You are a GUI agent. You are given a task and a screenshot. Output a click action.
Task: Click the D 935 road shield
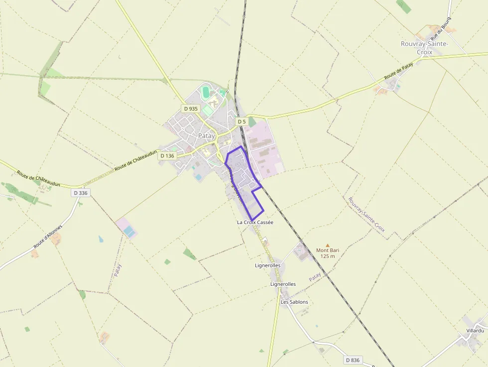[x=191, y=109]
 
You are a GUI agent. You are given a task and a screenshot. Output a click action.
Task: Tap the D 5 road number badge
[x=242, y=122]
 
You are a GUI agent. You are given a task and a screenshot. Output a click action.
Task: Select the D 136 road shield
[x=168, y=156]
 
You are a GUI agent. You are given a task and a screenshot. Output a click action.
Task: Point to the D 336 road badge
[x=80, y=193]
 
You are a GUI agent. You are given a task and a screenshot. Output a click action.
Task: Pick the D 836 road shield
[x=352, y=360]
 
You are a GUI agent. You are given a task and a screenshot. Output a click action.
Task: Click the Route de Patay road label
[x=399, y=72]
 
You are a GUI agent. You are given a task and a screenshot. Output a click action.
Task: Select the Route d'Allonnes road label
[x=48, y=237]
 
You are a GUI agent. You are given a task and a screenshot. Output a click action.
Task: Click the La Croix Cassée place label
[x=255, y=222]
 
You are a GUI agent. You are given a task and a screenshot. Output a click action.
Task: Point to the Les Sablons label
[x=294, y=302]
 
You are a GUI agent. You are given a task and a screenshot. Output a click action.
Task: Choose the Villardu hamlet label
[x=475, y=331]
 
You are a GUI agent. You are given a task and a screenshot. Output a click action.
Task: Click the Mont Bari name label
[x=327, y=250]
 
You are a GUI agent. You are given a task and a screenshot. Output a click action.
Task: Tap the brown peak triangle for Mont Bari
[x=327, y=245]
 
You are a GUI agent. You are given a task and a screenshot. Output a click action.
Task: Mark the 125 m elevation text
[x=327, y=256]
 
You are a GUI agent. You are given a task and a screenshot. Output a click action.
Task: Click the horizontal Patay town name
[x=206, y=135]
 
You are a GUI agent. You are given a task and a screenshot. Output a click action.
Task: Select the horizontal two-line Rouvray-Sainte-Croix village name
[x=424, y=48]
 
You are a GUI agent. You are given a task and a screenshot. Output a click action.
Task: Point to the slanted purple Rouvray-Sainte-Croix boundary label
[x=366, y=218]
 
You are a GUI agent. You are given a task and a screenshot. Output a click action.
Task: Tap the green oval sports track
[x=206, y=92]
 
